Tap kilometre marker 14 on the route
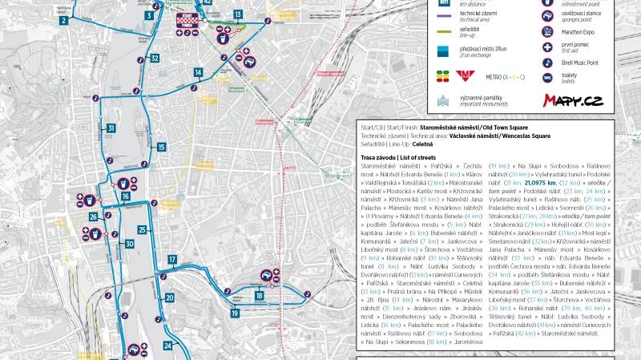[198, 73]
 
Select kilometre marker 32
[155, 59]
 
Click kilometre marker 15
[162, 148]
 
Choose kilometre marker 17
[172, 259]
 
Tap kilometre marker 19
[235, 313]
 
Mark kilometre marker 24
[167, 346]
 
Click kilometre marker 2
[63, 21]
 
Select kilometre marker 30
[130, 244]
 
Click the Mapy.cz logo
[573, 100]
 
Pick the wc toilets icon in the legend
[525, 77]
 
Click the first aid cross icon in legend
[525, 47]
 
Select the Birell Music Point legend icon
[525, 63]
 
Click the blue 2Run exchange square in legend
[443, 51]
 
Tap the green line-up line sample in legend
[444, 30]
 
